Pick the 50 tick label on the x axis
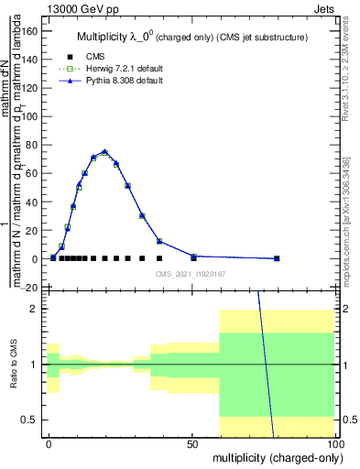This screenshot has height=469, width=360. coord(192,443)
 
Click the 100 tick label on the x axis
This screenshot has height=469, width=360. coord(334,443)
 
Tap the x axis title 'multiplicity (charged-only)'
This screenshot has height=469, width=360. coord(272,457)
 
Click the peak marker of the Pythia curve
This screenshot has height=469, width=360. coord(104,151)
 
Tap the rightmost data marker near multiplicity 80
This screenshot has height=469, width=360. coord(277,258)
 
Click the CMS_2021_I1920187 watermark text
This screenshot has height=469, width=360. coord(190,274)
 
